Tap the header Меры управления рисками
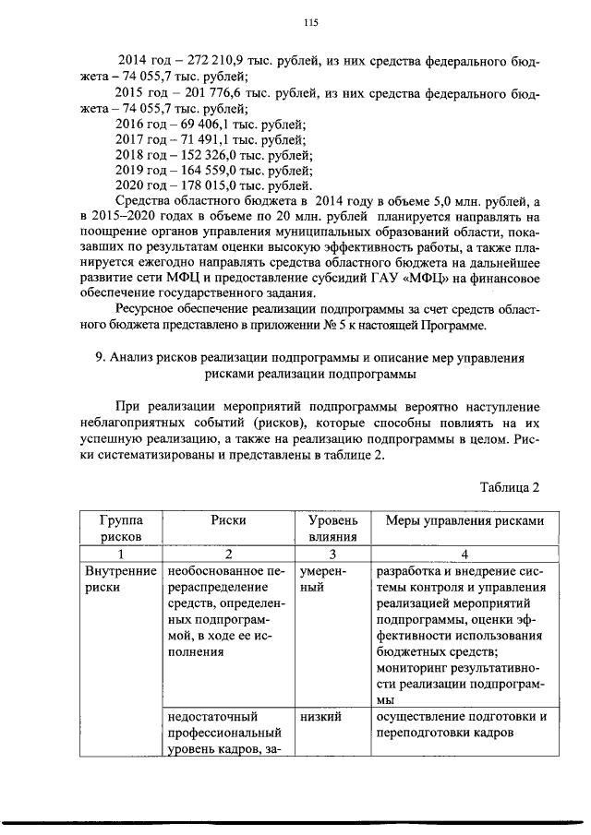[x=464, y=520]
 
